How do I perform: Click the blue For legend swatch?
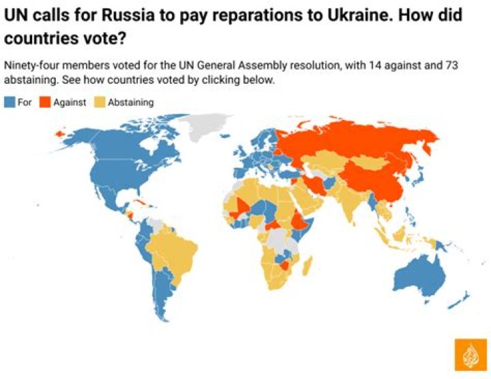pyautogui.click(x=10, y=102)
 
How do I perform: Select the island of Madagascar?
pyautogui.click(x=306, y=267)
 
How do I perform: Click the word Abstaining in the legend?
pyautogui.click(x=131, y=102)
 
